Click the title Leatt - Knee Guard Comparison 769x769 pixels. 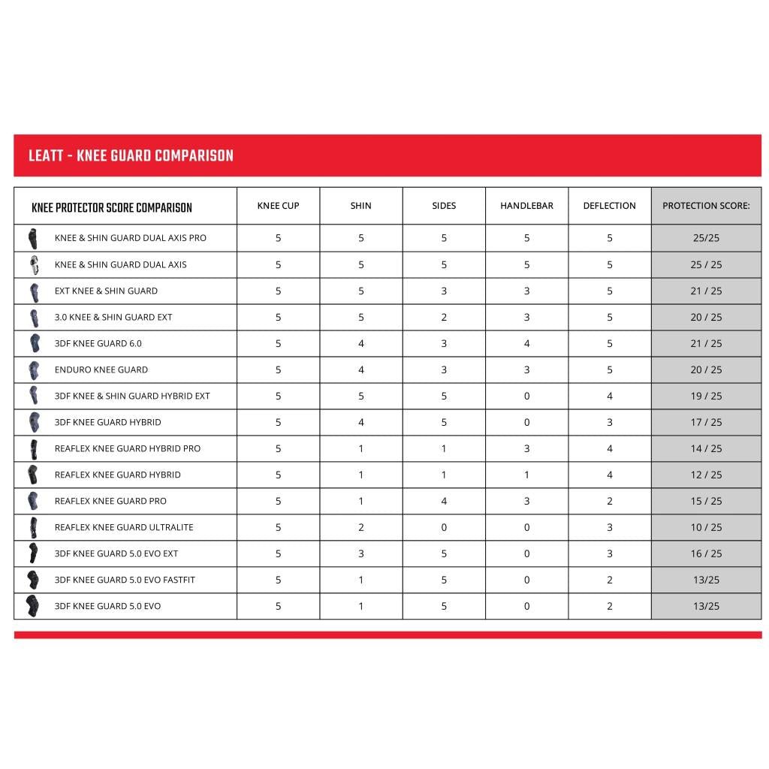click(x=131, y=156)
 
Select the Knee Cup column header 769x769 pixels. click(x=278, y=206)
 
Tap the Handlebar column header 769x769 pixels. click(x=526, y=206)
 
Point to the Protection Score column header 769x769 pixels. click(x=706, y=206)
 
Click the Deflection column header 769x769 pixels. click(x=609, y=206)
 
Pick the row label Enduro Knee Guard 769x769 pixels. click(x=101, y=369)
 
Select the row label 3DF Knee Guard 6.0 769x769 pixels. click(x=98, y=343)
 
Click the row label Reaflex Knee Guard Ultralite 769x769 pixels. click(x=124, y=527)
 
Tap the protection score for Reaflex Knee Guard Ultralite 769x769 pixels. click(x=706, y=527)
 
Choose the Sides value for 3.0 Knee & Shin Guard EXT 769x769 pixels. click(x=444, y=317)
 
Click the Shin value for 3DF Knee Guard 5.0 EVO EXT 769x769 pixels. click(x=361, y=553)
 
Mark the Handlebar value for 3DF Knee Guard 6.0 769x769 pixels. click(x=526, y=343)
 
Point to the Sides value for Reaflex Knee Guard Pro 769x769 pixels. click(x=444, y=501)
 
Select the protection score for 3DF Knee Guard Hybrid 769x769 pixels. click(x=706, y=422)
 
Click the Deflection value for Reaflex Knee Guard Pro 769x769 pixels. click(x=609, y=501)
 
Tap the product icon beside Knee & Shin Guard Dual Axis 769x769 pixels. click(x=33, y=264)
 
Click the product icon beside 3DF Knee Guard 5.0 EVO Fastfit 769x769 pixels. click(x=33, y=580)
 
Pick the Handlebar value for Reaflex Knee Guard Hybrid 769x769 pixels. click(x=526, y=475)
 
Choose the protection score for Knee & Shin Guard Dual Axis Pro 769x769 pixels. click(x=706, y=238)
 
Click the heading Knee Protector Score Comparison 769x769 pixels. click(x=112, y=208)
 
